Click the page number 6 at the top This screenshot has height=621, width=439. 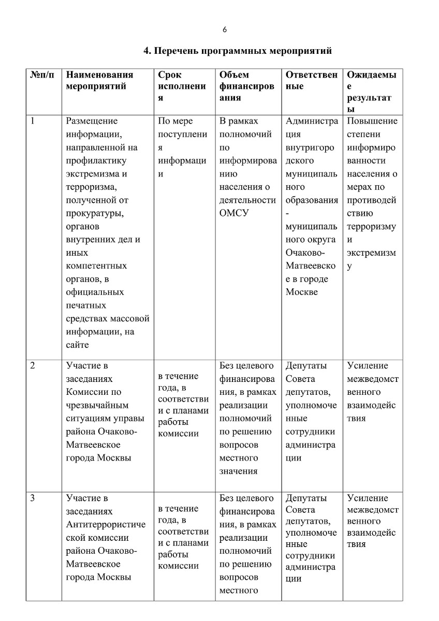[225, 29]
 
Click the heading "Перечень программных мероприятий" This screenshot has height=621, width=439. [238, 51]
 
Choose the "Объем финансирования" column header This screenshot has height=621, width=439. [247, 86]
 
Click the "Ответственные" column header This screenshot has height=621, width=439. [311, 81]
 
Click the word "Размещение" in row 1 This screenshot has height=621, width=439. [92, 121]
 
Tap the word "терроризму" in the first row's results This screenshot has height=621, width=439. [371, 227]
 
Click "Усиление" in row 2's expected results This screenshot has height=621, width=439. [367, 365]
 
